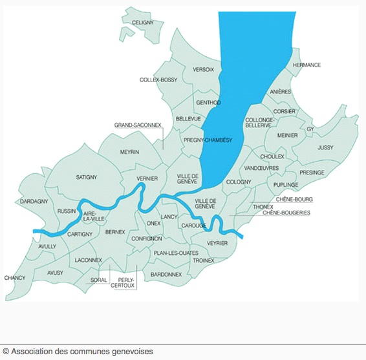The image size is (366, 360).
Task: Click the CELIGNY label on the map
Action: (x=142, y=23)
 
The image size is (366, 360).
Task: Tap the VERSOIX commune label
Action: (x=203, y=69)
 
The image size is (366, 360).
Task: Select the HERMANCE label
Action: (x=307, y=65)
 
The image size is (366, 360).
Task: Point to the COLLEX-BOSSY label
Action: (x=158, y=79)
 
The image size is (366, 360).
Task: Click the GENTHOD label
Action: (x=208, y=103)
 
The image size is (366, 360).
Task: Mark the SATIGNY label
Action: (x=86, y=177)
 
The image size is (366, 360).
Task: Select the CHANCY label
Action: (x=14, y=278)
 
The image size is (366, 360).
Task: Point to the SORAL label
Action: (x=99, y=280)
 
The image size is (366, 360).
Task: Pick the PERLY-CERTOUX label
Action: (x=122, y=282)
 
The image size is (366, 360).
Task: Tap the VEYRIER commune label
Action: (x=217, y=243)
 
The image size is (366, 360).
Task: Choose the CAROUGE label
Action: (x=193, y=226)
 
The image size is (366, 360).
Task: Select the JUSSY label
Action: (x=325, y=147)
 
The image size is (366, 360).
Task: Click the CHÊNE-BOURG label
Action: (x=294, y=200)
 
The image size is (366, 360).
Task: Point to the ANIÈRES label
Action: (x=280, y=92)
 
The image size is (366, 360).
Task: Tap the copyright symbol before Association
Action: (x=6, y=352)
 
